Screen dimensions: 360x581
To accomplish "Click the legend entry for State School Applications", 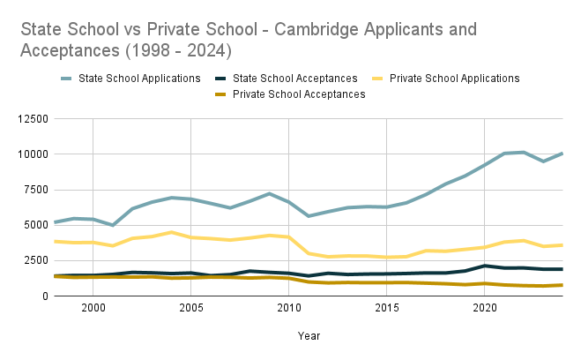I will (x=140, y=79).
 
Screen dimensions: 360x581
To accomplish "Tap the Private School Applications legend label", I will (x=454, y=79).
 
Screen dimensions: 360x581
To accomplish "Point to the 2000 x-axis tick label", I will (x=93, y=308).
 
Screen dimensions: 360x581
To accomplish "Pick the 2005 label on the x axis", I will (x=191, y=308).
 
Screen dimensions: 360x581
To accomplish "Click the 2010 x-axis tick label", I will (x=289, y=308).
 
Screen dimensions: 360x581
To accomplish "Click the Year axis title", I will (x=309, y=335).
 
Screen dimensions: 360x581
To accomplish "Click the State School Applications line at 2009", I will (x=270, y=193).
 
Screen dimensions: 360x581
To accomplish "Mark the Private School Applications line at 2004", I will (x=172, y=232).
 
